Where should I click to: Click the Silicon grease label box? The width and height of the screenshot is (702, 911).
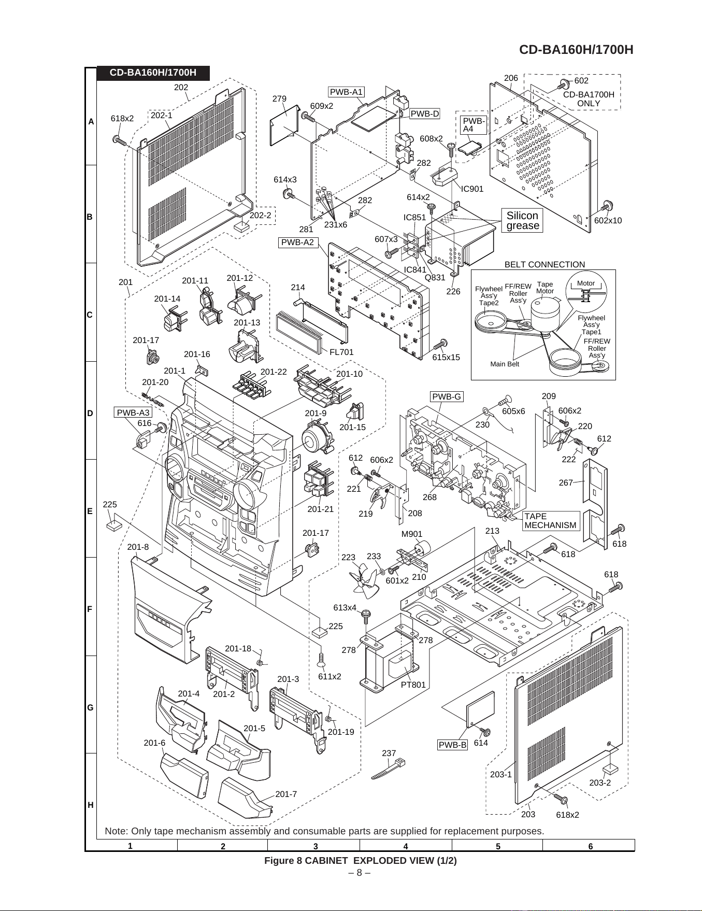(522, 220)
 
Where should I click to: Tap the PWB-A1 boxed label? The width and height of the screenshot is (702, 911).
(347, 92)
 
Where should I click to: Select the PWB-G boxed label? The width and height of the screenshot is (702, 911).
(447, 397)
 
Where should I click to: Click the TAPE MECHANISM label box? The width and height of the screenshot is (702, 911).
(550, 521)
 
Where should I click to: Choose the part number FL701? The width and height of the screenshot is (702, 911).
(341, 352)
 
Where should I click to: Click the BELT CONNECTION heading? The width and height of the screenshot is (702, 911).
(545, 264)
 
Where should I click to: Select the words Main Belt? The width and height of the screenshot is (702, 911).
(505, 364)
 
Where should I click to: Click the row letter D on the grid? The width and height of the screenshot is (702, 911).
(91, 413)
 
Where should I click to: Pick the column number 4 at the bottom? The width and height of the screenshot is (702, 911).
(406, 846)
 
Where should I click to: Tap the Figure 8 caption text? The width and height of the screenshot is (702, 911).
(361, 860)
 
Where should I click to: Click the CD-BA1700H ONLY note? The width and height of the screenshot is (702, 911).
(589, 99)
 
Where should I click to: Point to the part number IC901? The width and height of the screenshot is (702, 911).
(472, 189)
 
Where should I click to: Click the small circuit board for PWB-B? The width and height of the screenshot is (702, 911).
(480, 708)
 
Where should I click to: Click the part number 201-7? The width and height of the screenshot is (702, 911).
(286, 794)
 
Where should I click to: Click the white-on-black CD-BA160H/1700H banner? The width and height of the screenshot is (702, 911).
(153, 73)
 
